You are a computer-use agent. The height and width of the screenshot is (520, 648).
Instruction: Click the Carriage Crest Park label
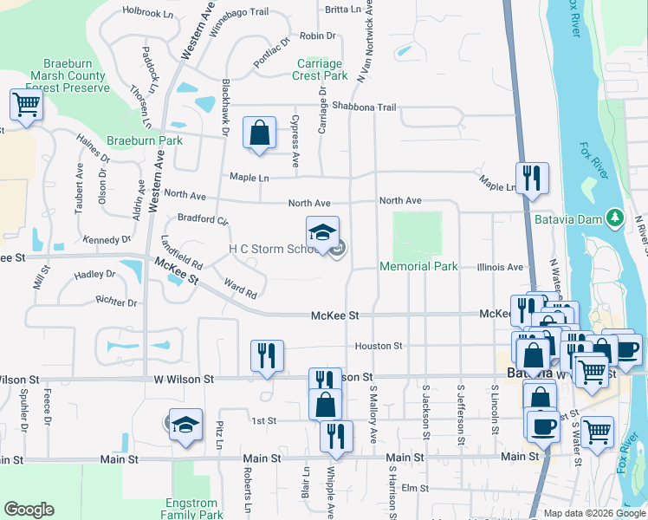pos(321,69)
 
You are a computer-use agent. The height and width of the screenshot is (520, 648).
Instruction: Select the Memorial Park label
pos(419,266)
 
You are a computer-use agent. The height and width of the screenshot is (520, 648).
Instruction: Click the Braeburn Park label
pos(145,140)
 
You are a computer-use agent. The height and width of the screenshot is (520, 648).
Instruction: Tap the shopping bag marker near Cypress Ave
pos(259,133)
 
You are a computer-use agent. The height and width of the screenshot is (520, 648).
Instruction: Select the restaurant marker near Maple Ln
pos(532,179)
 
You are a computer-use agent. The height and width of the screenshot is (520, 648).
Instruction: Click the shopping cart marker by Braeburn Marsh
pos(26,106)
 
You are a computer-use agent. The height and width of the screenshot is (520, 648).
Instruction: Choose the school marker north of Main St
pos(185,426)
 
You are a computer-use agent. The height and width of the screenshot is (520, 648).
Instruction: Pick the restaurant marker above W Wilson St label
pos(267,355)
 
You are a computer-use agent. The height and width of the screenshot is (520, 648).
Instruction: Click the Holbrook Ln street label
pos(148,11)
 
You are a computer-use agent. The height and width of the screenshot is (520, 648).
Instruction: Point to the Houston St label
pos(379,346)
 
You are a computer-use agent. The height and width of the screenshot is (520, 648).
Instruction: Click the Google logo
pos(29,510)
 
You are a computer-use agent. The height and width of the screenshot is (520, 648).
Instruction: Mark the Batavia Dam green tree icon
pos(614,217)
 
